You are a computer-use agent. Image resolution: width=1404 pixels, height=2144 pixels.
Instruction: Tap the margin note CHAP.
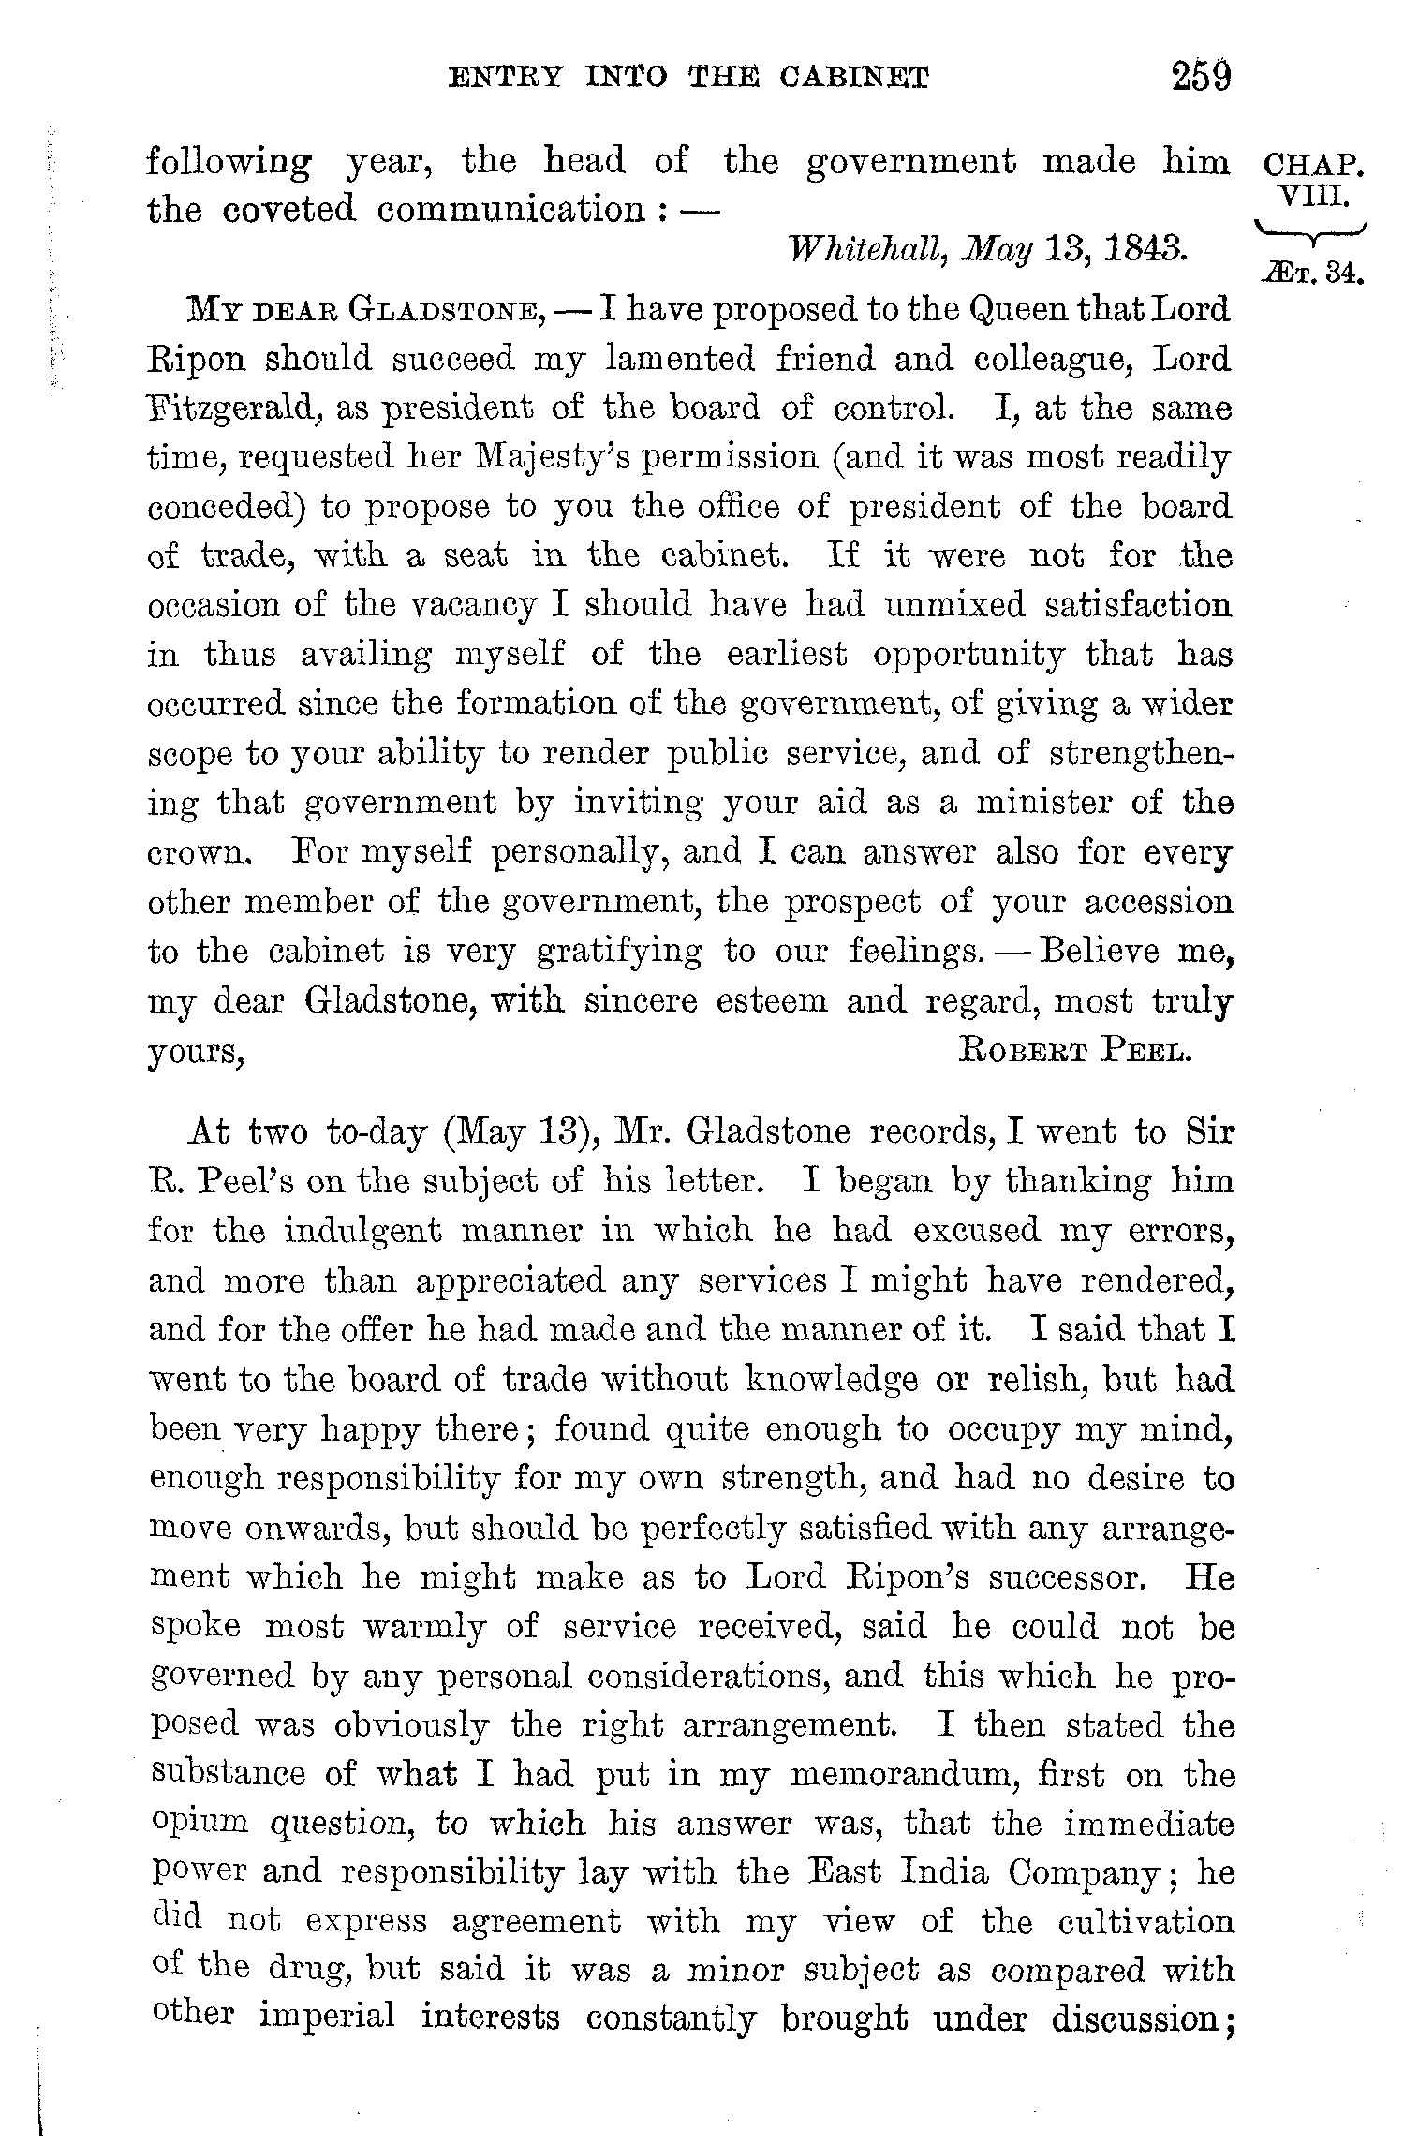click(1314, 167)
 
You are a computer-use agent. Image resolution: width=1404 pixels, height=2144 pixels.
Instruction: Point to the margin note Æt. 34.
click(1312, 274)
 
